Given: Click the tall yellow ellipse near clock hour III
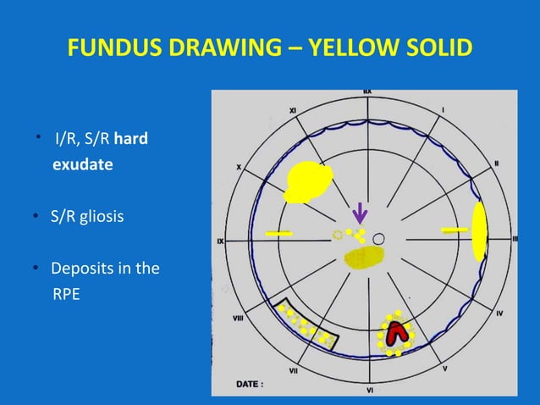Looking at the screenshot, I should point(479,231).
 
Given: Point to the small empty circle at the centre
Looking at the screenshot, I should point(380,239).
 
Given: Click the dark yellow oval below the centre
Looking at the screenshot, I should point(364,258).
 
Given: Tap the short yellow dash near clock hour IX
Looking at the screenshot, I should point(278,232).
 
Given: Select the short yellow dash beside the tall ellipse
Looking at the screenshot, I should point(455,230).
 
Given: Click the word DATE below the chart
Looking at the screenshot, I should point(251,384).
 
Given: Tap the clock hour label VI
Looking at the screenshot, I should point(370,391).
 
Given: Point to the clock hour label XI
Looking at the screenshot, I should point(293,110).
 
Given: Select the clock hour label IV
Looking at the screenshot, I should point(499,313).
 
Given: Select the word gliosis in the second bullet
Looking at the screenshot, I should point(102,217).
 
